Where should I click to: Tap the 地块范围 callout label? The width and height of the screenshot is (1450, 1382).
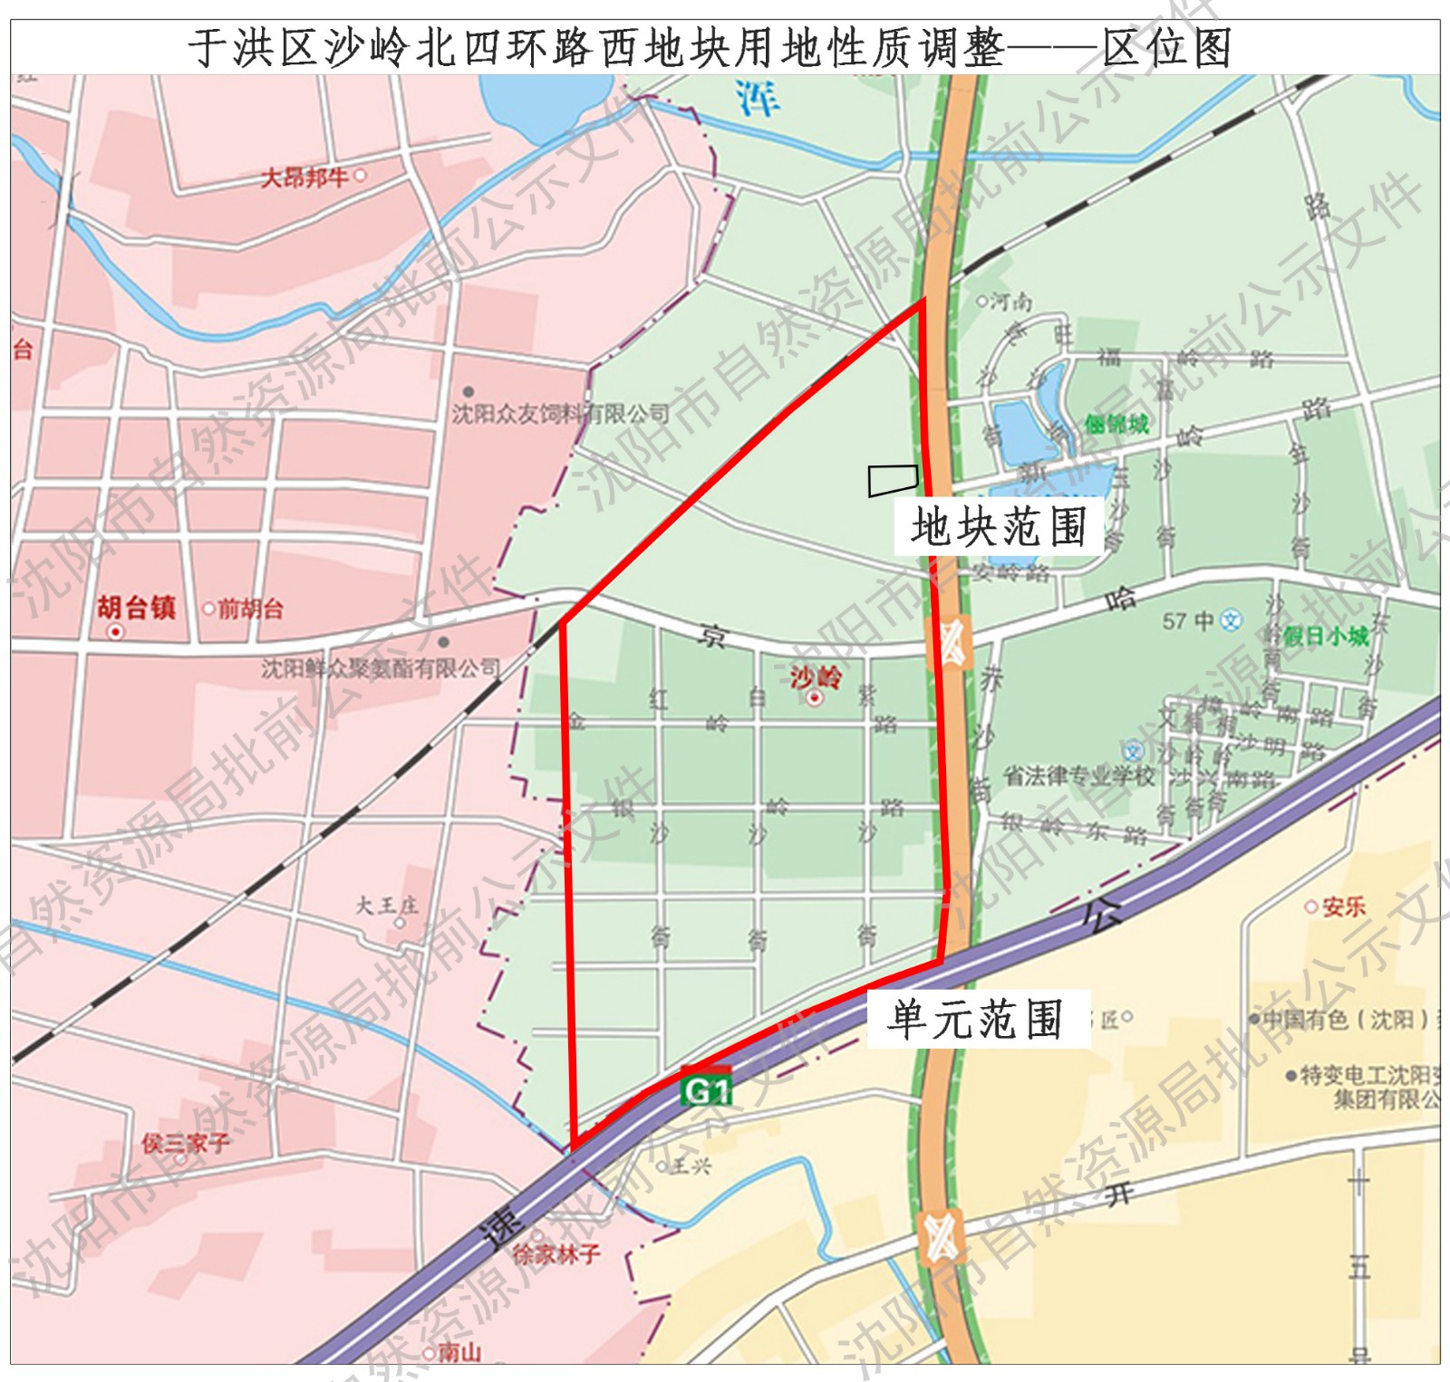click(x=998, y=526)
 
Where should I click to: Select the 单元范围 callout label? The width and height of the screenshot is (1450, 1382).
click(x=976, y=1020)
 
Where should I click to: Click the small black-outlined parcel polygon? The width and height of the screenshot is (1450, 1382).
click(x=893, y=480)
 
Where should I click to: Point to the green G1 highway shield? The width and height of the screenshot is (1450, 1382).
click(x=706, y=1090)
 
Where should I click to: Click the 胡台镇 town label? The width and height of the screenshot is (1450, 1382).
click(x=136, y=608)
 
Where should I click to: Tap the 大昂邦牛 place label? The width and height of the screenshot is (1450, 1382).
click(x=304, y=177)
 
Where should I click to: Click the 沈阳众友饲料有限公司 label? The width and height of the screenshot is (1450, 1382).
click(x=560, y=415)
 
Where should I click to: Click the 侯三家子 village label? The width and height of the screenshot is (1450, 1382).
click(x=185, y=1144)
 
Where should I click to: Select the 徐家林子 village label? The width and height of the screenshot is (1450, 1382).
click(x=556, y=1254)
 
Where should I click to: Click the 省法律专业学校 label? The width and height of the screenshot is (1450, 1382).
click(x=1078, y=776)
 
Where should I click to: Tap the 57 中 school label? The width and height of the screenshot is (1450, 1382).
click(x=1188, y=621)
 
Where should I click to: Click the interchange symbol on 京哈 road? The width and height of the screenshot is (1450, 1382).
click(x=949, y=642)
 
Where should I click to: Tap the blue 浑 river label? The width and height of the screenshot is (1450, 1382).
click(x=757, y=99)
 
